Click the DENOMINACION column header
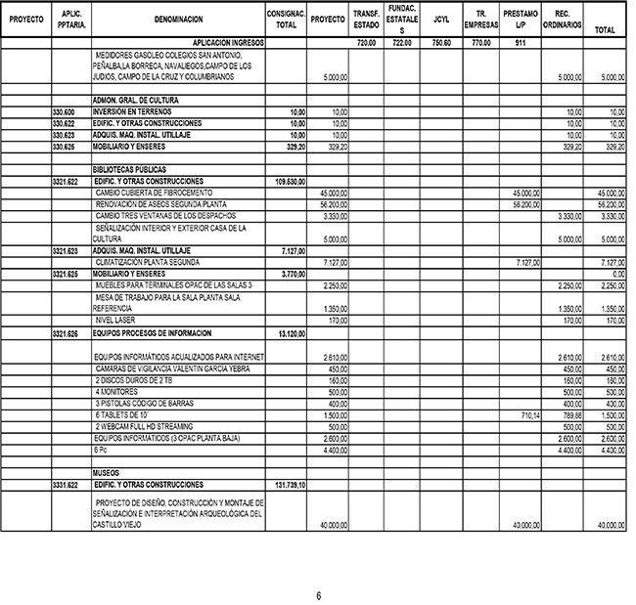pyautogui.click(x=179, y=19)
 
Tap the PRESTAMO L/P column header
pyautogui.click(x=520, y=19)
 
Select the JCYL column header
pyautogui.click(x=441, y=19)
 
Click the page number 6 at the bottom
pyautogui.click(x=318, y=595)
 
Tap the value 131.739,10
pyautogui.click(x=288, y=485)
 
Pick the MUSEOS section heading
pyautogui.click(x=106, y=472)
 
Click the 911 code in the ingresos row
pyautogui.click(x=521, y=43)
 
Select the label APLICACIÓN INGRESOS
pyautogui.click(x=229, y=43)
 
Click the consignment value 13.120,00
pyautogui.click(x=291, y=333)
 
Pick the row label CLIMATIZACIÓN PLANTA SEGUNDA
pyautogui.click(x=148, y=263)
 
